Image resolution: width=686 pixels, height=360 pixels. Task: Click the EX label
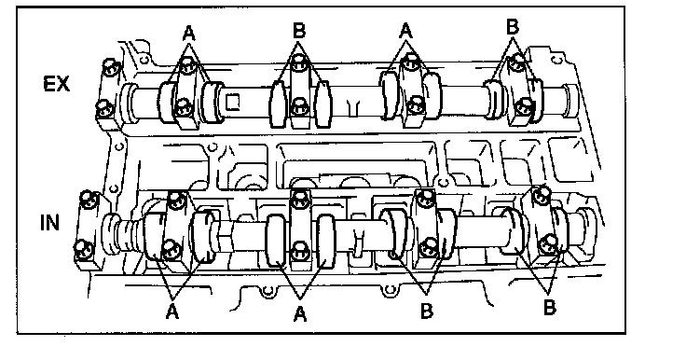point(57,84)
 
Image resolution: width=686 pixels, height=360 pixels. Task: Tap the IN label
point(49,223)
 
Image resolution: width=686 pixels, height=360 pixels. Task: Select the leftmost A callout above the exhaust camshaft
point(188,33)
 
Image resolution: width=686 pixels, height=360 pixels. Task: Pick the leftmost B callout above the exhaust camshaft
point(299,31)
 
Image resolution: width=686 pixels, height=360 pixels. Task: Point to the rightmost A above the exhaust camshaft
point(406,31)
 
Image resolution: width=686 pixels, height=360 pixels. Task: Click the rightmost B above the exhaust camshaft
point(513,27)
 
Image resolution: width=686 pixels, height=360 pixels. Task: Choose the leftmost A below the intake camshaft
point(172,312)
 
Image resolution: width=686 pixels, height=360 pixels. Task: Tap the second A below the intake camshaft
point(300,314)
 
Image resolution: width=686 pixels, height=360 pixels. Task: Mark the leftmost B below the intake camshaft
point(427,311)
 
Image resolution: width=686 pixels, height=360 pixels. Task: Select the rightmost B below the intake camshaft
point(550,308)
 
